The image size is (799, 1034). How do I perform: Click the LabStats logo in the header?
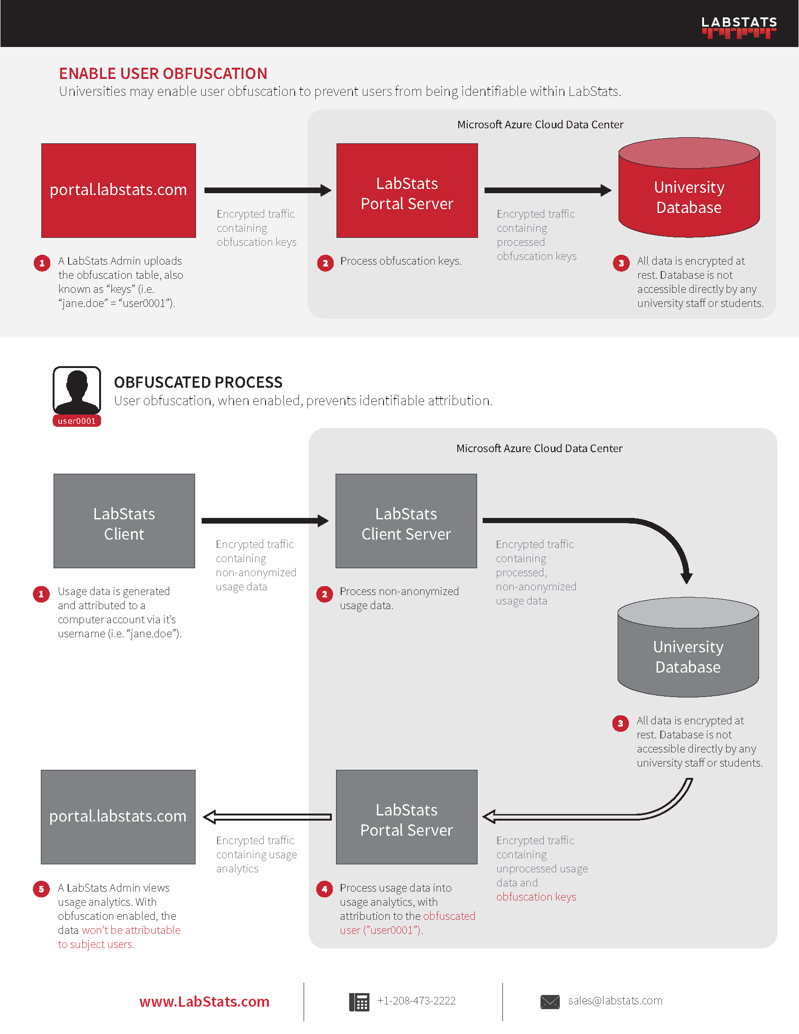coord(738,27)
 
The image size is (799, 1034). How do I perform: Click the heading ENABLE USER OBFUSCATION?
coord(163,73)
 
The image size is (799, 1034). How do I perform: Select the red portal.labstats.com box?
coord(118,190)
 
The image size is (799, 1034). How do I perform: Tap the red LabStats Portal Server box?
coord(407,190)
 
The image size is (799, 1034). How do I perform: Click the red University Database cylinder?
coord(689,194)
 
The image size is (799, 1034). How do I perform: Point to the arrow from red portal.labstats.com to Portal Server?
coord(267,190)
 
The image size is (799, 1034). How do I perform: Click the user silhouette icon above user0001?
coord(77,390)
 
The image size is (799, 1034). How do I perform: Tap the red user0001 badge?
coord(77,421)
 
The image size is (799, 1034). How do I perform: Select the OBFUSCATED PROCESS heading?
coord(198,382)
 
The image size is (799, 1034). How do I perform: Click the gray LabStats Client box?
coord(124,521)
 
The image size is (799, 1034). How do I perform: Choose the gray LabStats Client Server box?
coord(406,521)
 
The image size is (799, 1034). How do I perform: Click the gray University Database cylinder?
coord(688,653)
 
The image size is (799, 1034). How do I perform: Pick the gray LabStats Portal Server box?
coord(406,817)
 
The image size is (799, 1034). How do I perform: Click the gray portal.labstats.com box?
coord(118,817)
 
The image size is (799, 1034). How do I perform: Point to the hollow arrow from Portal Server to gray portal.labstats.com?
coord(267,817)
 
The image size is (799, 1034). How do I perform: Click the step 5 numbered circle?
coord(41,889)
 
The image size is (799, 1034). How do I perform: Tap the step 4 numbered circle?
coord(324,889)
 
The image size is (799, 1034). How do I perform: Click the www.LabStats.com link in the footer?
coord(204,1001)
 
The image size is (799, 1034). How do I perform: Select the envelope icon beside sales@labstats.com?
coord(549,1001)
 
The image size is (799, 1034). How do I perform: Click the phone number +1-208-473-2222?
coord(416,1000)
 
